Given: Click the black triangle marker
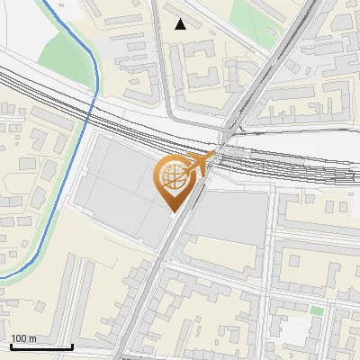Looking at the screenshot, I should [181, 24].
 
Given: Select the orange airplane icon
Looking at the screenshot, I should [203, 163].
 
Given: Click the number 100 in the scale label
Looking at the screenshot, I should [19, 337].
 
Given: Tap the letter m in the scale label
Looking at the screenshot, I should [32, 337].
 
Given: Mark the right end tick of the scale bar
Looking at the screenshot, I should [72, 346].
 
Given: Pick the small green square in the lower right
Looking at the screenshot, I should [317, 310].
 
